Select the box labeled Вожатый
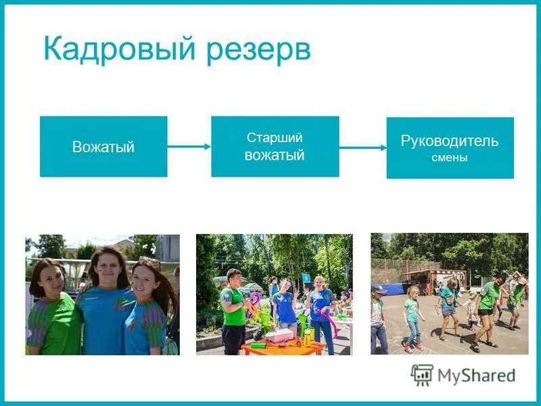pos(103,147)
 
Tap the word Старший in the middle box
pos(275,137)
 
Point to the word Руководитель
pos(450,141)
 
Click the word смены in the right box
pos(450,158)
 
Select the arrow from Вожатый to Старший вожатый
pos(189,145)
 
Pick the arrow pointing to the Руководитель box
pos(362,147)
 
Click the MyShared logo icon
pos(422,374)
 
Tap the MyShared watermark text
pos(476,375)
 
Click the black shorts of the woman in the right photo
pos(484,312)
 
